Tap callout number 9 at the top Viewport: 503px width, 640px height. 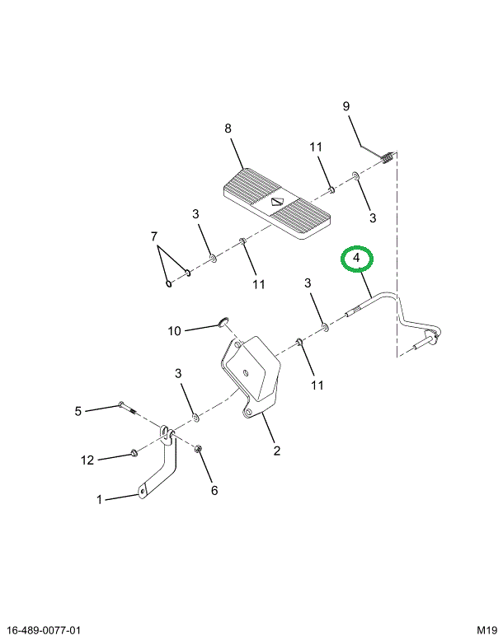(346, 106)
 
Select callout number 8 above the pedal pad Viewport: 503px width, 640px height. (228, 128)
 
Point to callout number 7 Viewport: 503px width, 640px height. (153, 237)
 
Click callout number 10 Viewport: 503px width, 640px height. (174, 331)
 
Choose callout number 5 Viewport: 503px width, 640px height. (78, 411)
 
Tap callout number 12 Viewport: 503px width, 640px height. (87, 460)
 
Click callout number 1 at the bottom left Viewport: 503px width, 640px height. (100, 500)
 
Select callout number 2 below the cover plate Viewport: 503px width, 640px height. (277, 451)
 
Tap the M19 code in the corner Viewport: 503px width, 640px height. (485, 630)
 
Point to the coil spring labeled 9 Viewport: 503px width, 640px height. (385, 157)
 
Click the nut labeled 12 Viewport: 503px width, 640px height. (133, 453)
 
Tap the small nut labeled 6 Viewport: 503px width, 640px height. (199, 448)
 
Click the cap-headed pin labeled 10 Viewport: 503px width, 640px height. (223, 320)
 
